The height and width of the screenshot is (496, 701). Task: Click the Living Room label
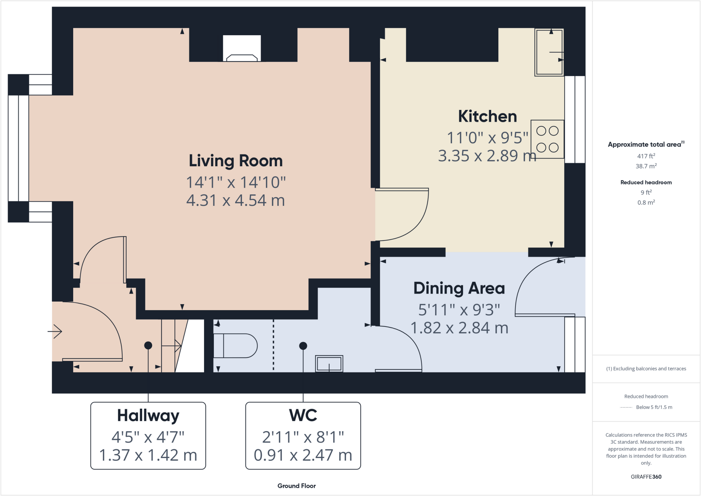point(236,161)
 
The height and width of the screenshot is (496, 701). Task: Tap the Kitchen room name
point(487,116)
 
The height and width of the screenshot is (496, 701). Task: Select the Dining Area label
point(459,288)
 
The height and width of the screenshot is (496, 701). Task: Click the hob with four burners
point(547,139)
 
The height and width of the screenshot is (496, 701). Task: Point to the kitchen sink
point(549,52)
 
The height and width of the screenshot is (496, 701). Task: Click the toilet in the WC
point(235,346)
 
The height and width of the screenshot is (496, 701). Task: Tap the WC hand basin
point(329,364)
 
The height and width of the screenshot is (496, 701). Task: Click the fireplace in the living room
point(242,48)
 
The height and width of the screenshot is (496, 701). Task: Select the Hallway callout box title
point(148,416)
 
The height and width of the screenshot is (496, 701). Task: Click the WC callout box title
point(303,415)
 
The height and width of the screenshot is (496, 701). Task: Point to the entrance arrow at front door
point(55,331)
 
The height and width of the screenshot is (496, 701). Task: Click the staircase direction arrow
point(171,346)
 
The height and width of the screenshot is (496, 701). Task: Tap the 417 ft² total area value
point(646,156)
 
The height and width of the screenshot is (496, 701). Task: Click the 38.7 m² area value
point(646,166)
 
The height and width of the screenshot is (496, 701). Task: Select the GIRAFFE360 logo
point(646,476)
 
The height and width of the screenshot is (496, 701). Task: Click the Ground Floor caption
point(296,486)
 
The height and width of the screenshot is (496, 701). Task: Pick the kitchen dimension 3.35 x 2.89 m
point(487,156)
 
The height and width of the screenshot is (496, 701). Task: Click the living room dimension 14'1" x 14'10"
point(236,182)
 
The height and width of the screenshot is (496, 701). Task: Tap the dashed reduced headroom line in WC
point(273,345)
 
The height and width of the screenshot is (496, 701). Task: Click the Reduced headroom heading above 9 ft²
point(646,182)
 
